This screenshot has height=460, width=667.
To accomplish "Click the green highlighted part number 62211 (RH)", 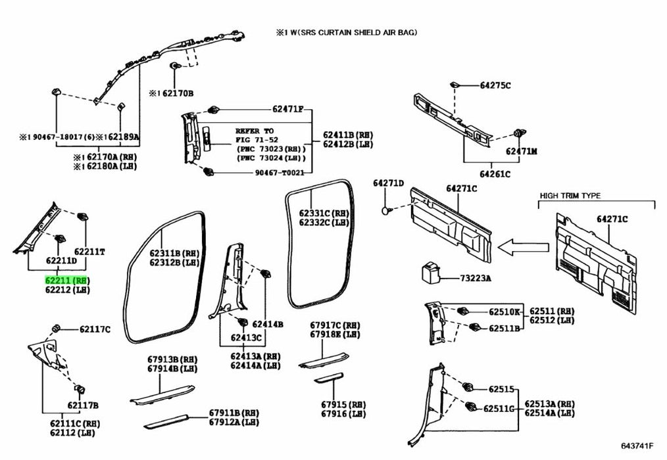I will click(x=66, y=279).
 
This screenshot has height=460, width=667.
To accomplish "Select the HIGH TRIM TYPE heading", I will click(x=570, y=196).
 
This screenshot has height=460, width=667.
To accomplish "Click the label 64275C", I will click(x=495, y=85).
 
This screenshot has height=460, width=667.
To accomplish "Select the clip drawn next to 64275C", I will click(x=454, y=84).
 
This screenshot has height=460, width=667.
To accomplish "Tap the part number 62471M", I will click(x=521, y=151).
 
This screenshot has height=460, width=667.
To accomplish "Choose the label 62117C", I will click(x=95, y=329).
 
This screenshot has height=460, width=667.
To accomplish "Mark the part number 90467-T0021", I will click(x=282, y=173).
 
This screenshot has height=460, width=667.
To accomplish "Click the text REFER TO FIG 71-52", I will click(x=255, y=135).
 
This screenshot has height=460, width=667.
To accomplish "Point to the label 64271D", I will click(x=388, y=183).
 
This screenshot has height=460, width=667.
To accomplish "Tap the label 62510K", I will click(x=504, y=311).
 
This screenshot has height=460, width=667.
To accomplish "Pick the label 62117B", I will click(x=82, y=405).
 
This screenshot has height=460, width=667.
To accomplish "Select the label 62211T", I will click(x=89, y=251).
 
